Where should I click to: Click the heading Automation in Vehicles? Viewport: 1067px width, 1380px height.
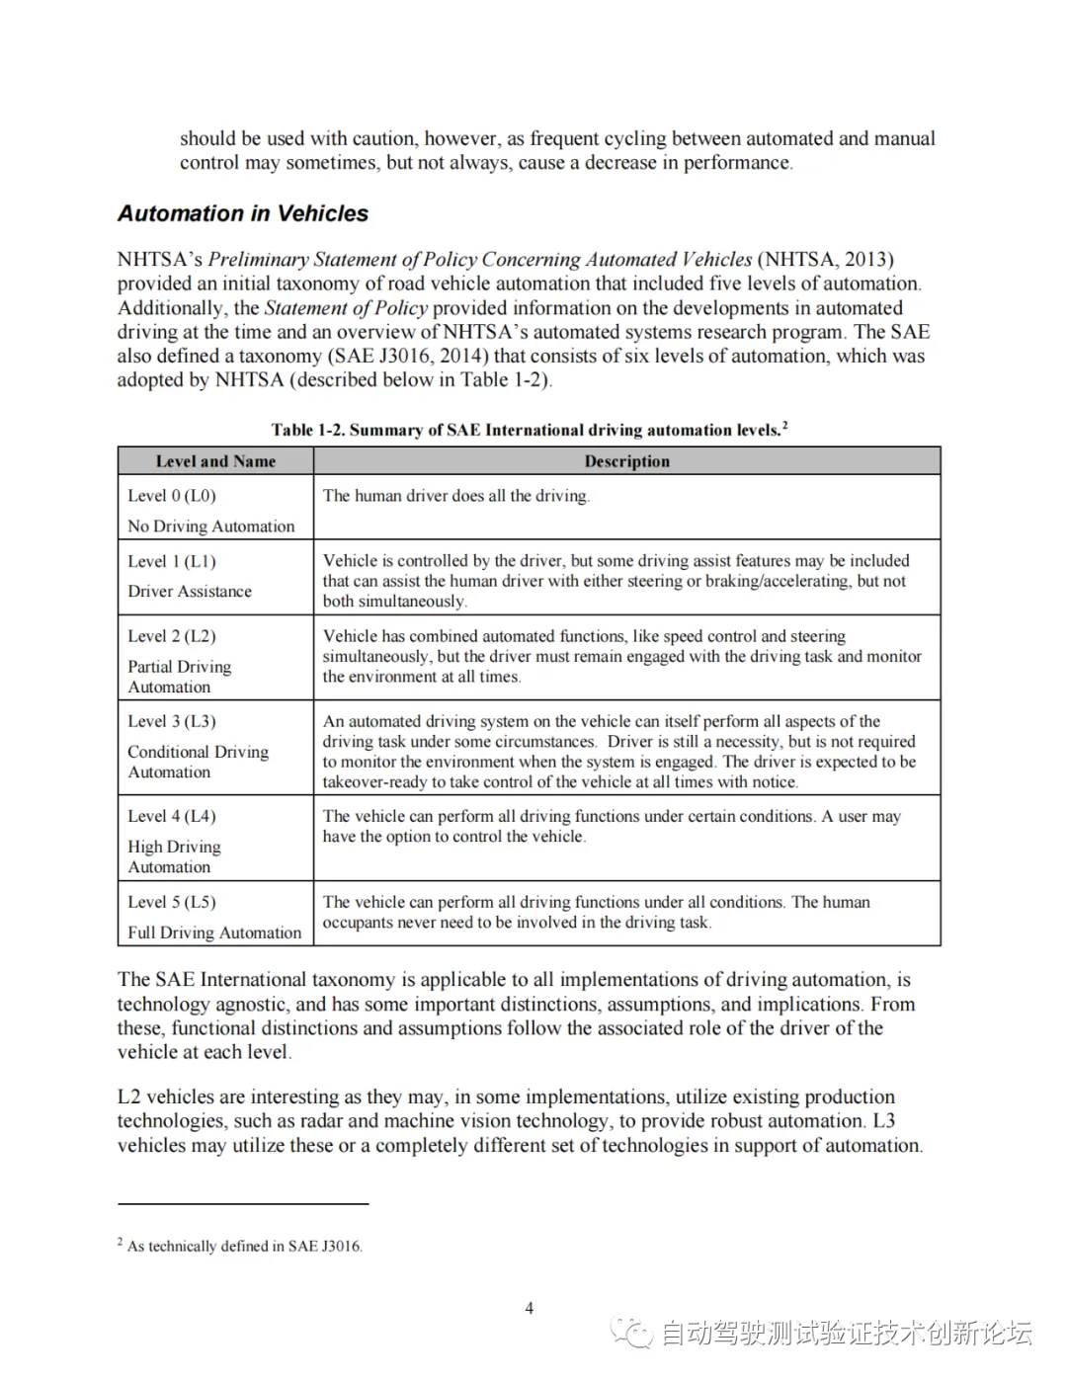click(243, 213)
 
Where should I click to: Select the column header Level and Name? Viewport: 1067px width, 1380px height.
click(215, 461)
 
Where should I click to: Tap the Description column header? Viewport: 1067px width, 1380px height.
click(626, 461)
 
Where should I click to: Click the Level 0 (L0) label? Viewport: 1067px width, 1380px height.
click(172, 496)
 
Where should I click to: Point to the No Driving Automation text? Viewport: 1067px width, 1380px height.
click(210, 527)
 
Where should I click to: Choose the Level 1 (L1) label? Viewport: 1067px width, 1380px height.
click(172, 561)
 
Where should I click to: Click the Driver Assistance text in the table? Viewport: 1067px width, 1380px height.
click(190, 592)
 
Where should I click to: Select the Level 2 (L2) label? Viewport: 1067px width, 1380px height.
click(172, 636)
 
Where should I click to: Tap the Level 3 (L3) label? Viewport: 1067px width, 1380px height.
click(172, 721)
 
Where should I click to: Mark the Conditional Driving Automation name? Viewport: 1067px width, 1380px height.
click(198, 762)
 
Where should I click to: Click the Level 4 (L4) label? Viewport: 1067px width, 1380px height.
click(172, 816)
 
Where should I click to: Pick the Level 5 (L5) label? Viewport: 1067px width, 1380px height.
click(172, 902)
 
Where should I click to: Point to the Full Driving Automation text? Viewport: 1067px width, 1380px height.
click(214, 933)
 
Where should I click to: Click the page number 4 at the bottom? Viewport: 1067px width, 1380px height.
click(530, 1308)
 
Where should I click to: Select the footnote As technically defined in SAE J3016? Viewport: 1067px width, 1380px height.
click(244, 1247)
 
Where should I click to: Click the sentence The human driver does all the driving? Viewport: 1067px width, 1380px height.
click(456, 496)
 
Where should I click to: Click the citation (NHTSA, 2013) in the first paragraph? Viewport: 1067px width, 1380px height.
click(825, 260)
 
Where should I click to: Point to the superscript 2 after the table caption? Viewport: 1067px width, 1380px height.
click(784, 426)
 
